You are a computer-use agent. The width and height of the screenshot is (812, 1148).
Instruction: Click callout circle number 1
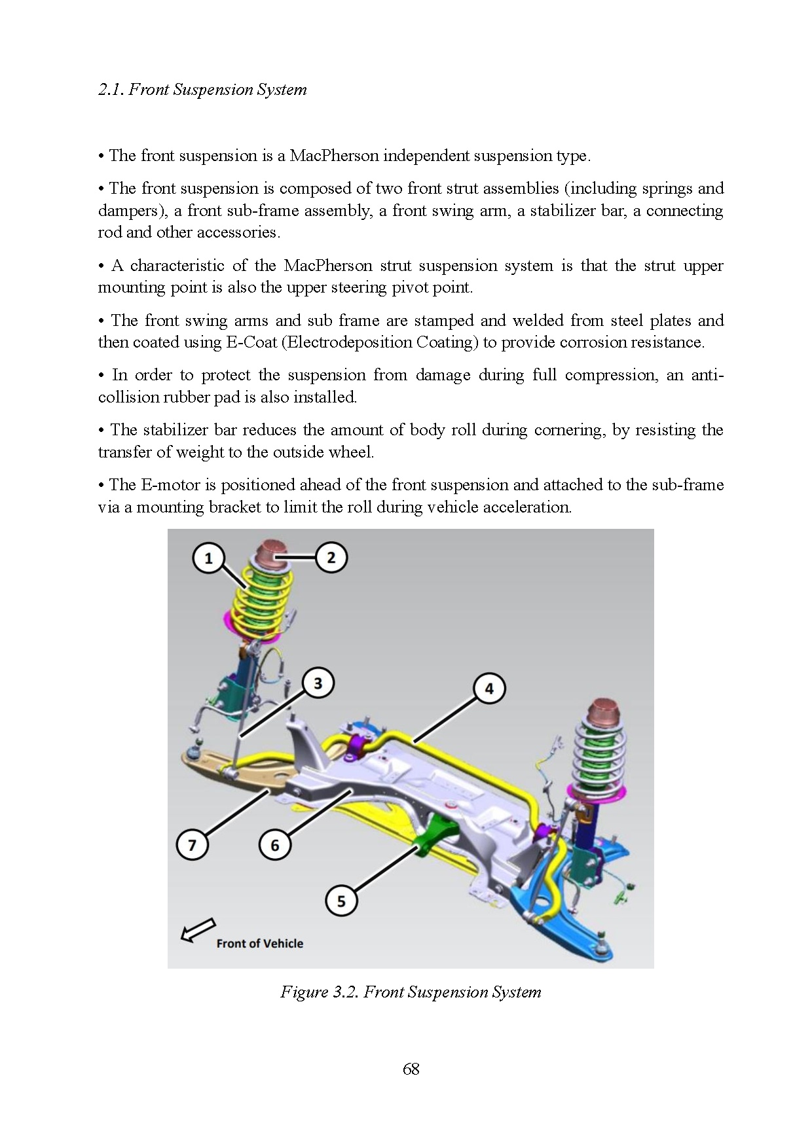click(x=209, y=558)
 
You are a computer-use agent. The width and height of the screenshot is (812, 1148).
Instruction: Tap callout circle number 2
click(x=331, y=558)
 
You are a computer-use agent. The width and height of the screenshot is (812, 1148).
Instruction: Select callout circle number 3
click(x=318, y=683)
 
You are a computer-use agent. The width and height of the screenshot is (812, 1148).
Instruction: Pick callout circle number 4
click(x=489, y=689)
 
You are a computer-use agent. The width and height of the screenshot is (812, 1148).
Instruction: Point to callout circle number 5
click(x=341, y=901)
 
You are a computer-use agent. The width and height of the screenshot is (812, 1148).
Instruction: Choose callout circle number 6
click(x=275, y=845)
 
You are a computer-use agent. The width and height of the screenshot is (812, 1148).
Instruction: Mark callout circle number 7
click(x=193, y=845)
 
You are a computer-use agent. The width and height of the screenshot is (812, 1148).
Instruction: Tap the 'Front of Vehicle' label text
click(x=260, y=944)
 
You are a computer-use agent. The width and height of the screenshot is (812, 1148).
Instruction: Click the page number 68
click(x=411, y=1069)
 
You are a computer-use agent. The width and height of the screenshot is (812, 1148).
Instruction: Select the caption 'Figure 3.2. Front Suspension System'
click(x=411, y=992)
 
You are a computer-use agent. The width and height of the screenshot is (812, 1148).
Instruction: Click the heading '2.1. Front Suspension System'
click(x=202, y=90)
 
